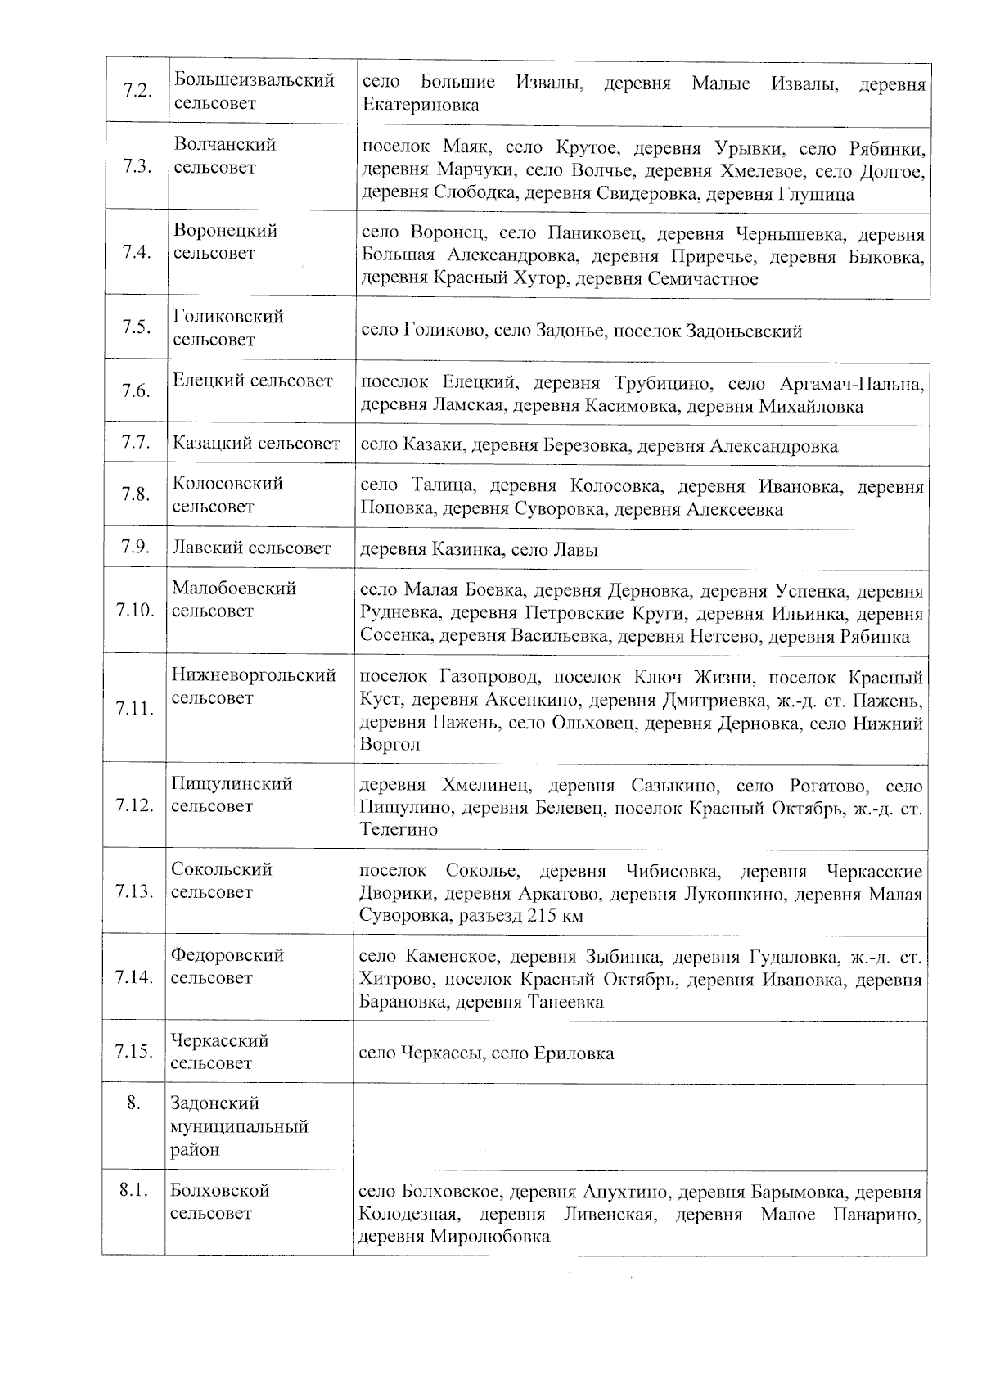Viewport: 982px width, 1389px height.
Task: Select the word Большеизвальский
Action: tap(255, 80)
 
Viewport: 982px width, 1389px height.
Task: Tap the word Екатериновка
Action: tap(421, 106)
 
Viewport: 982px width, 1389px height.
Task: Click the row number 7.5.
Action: tap(136, 327)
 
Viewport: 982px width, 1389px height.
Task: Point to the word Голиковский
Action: tap(228, 317)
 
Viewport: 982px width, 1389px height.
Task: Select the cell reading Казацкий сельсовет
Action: tap(256, 444)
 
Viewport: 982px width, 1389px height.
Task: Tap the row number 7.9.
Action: tap(135, 547)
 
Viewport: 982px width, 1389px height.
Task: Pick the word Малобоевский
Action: tap(234, 589)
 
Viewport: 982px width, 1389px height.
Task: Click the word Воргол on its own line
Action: tap(390, 745)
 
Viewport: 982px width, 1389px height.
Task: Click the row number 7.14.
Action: tap(134, 976)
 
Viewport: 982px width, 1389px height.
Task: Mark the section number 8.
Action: tap(133, 1103)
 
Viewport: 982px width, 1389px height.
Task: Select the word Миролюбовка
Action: tap(489, 1237)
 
